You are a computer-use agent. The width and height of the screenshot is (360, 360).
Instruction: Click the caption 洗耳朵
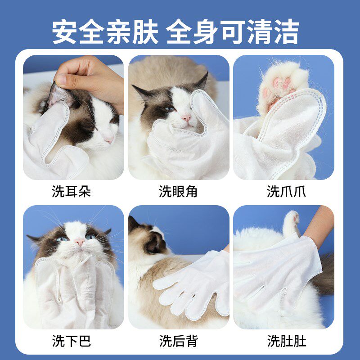click(72, 191)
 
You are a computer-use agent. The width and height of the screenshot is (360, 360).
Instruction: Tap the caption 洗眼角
click(178, 191)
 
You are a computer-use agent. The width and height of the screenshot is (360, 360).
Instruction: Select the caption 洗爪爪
click(286, 191)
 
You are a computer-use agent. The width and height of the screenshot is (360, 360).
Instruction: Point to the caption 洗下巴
click(72, 341)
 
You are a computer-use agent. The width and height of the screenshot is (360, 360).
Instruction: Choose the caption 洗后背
click(178, 341)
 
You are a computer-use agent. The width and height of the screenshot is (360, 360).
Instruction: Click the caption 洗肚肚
click(287, 341)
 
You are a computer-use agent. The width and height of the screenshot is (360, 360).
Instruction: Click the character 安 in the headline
click(64, 31)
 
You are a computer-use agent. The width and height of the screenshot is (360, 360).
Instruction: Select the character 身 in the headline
click(206, 31)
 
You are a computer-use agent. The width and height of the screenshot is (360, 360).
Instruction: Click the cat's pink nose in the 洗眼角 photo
click(186, 118)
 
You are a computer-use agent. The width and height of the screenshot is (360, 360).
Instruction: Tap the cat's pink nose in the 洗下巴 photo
click(80, 242)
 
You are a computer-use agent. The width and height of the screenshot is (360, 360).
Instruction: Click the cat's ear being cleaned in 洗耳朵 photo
click(57, 94)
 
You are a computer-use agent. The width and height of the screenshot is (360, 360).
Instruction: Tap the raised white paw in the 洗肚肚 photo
click(291, 224)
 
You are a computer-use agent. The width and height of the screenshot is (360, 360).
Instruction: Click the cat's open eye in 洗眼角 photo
click(169, 109)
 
